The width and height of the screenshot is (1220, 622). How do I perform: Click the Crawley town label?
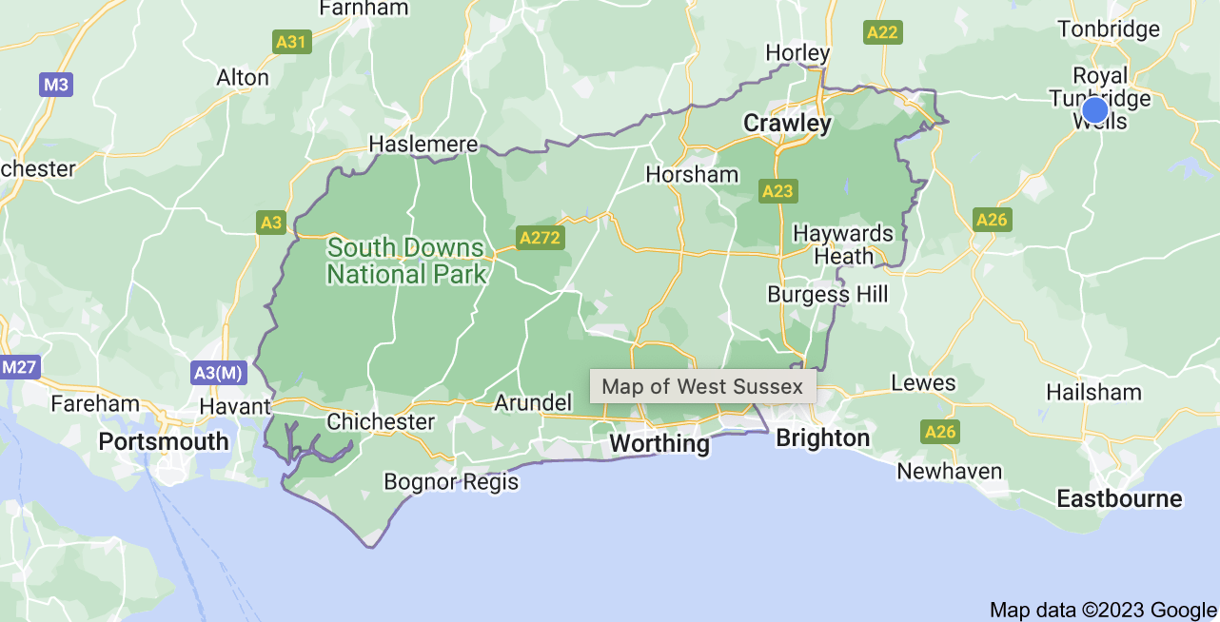pos(787,124)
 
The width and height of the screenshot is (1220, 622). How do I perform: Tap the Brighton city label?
pos(823,438)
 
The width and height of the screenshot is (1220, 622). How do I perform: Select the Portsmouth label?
pos(164,442)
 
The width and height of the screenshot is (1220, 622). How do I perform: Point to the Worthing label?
pos(659,444)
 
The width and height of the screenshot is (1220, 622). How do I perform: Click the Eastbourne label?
pos(1119,499)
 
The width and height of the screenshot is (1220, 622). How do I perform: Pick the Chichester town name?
pos(381,421)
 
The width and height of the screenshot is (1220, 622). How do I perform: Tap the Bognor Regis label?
pos(451,481)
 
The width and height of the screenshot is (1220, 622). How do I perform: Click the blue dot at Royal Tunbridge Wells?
pos(1095,110)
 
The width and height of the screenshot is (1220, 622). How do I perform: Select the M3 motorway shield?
pos(55,85)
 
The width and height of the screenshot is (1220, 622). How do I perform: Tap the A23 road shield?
pos(777,191)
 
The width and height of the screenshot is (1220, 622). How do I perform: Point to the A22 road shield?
pos(882,33)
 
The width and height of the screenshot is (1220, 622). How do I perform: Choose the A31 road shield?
pos(291,41)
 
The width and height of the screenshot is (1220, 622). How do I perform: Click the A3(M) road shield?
pos(217,372)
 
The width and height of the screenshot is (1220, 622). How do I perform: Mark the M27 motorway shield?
pos(18,366)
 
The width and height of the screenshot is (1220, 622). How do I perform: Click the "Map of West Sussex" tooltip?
pos(702,386)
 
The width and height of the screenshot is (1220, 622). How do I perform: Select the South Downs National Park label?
pos(406,262)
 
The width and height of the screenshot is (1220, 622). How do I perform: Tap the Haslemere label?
pos(423,145)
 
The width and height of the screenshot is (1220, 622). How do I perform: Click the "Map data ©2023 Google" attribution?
pos(1103,610)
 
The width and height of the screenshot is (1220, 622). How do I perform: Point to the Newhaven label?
pos(950,472)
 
